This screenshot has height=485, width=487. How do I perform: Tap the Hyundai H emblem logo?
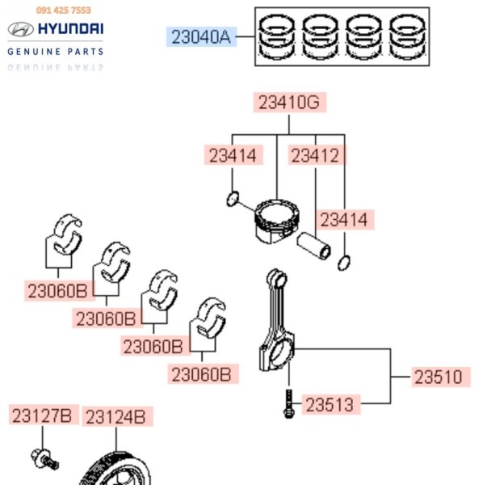(x=20, y=30)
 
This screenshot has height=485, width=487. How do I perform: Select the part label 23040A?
(x=203, y=36)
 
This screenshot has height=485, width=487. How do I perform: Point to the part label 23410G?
(x=289, y=103)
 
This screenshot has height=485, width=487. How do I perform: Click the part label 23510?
(x=439, y=377)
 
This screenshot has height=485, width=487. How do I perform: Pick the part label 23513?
(x=330, y=405)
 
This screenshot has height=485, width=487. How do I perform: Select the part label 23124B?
(x=116, y=417)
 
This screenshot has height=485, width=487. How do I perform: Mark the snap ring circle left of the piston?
(x=233, y=198)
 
